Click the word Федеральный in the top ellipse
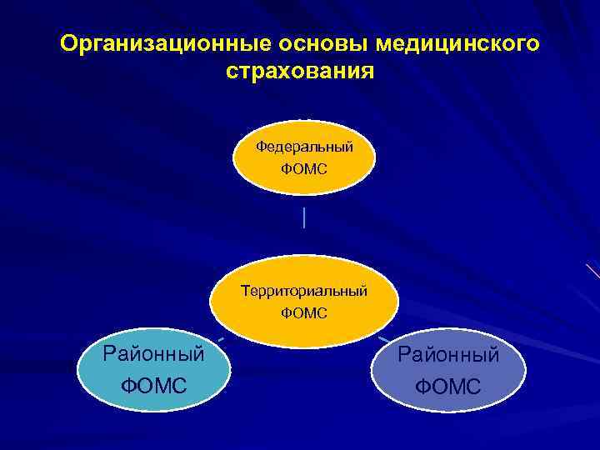point(304,147)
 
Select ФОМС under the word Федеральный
point(304,169)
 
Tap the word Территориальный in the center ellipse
point(304,292)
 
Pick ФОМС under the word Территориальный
point(304,314)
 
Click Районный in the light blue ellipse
point(153,354)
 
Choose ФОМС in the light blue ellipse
point(153,386)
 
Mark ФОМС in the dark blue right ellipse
point(448,387)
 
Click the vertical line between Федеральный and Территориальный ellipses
point(305,218)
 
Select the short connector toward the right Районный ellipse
point(383,339)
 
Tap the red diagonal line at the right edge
point(592,271)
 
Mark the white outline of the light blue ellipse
point(77,371)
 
